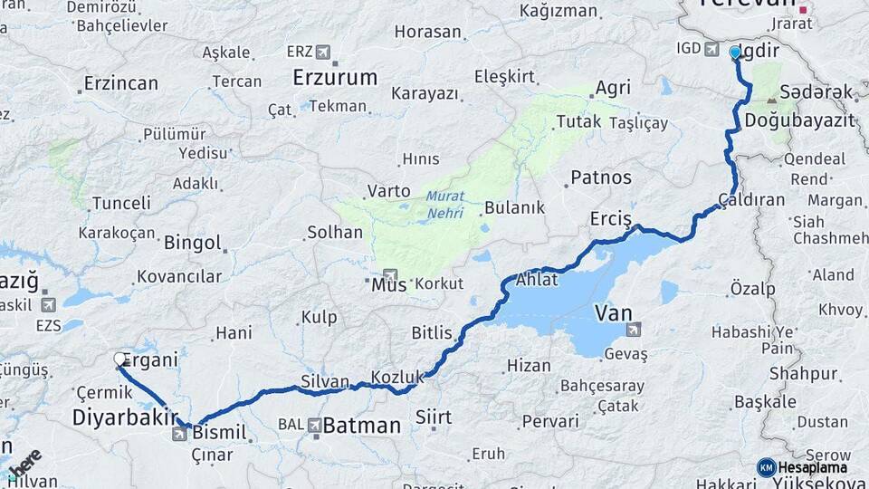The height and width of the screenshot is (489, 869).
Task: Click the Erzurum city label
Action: tap(335, 78)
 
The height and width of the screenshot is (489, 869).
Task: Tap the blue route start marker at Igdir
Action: tap(735, 53)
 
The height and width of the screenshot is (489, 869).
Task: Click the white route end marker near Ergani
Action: tap(120, 360)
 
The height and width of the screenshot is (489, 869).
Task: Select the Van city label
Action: tap(612, 313)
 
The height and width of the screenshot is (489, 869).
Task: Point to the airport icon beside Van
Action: tap(632, 329)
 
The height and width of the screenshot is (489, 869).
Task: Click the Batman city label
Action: tap(361, 425)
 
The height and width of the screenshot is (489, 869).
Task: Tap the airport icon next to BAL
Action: tap(313, 424)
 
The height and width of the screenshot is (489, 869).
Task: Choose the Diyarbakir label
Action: tap(123, 417)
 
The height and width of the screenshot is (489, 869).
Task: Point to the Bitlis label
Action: tap(431, 333)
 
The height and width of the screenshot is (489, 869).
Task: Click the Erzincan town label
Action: tap(120, 83)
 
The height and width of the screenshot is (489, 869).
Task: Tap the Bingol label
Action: tap(192, 243)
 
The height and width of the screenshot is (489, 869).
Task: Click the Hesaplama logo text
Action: tap(812, 468)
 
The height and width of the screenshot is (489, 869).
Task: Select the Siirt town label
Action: tap(434, 418)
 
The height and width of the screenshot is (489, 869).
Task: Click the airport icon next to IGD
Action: tap(711, 48)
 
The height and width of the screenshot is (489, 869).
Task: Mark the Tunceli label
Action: tap(121, 203)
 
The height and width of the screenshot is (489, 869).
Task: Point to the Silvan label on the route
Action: tap(324, 382)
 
